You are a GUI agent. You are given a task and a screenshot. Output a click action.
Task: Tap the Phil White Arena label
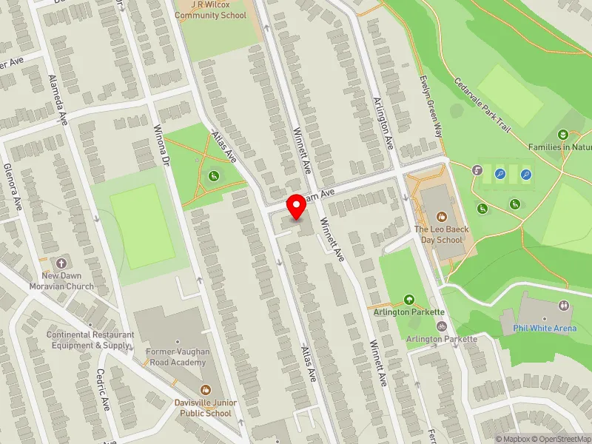click(544, 328)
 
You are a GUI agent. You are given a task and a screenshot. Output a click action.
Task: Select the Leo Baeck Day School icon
click(442, 217)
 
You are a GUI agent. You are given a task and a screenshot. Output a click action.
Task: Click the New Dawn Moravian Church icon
click(62, 263)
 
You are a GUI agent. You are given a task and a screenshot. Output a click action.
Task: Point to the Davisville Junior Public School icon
click(206, 389)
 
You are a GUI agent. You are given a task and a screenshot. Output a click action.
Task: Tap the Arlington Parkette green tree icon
click(409, 300)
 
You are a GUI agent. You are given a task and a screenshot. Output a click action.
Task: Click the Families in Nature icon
click(564, 134)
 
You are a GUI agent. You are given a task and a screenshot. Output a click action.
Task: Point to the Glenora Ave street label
click(12, 186)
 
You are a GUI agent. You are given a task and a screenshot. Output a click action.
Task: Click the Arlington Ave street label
click(382, 124)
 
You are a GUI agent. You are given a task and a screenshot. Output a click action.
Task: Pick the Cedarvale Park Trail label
click(482, 107)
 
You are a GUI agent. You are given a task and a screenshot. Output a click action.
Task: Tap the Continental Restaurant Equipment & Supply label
click(90, 340)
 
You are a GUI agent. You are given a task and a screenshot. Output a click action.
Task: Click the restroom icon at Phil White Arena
click(564, 304)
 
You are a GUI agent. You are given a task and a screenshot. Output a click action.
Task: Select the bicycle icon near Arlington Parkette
click(442, 326)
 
